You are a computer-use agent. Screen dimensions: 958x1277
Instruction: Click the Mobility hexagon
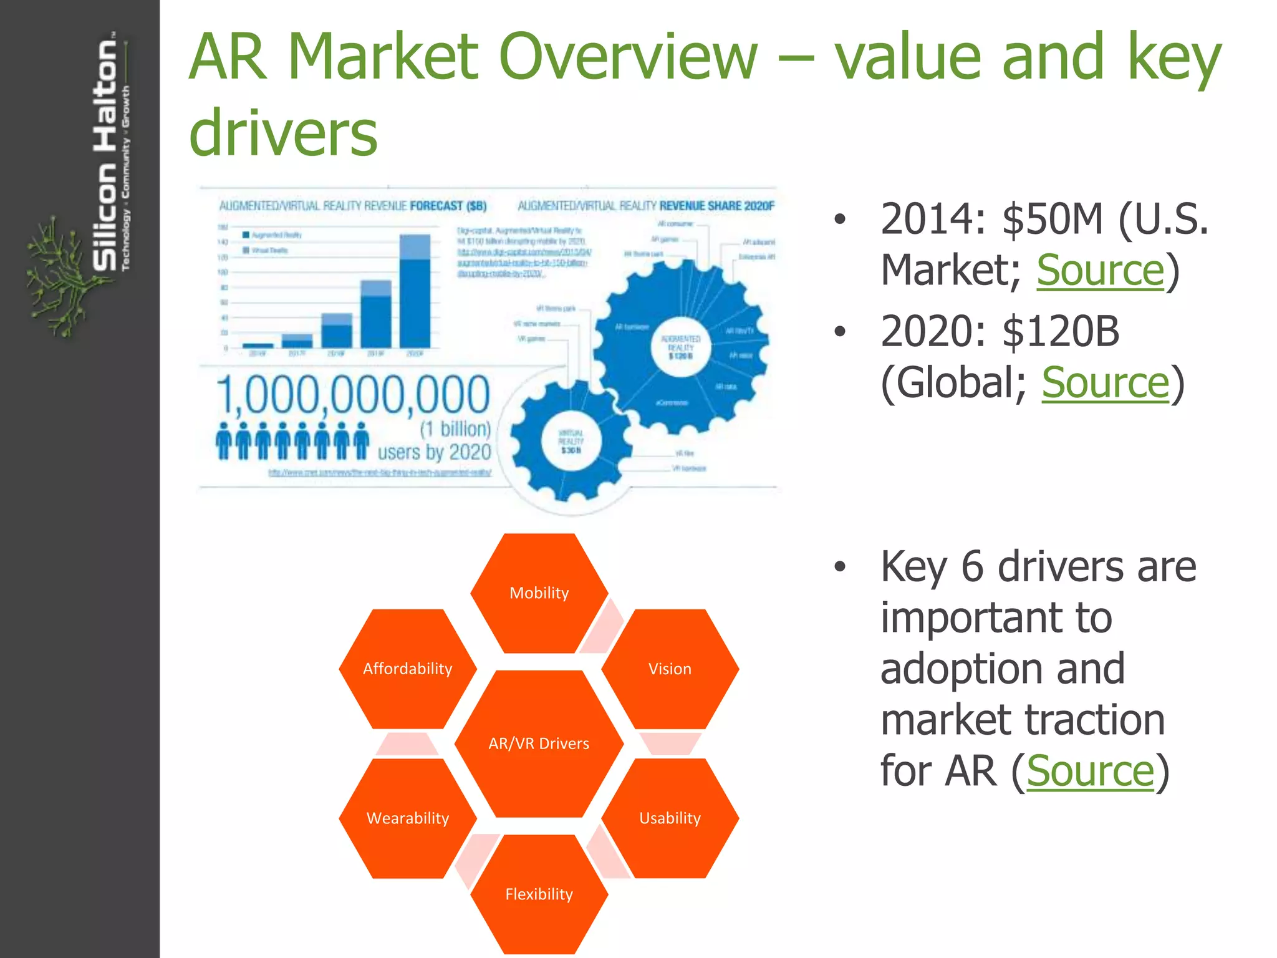539,593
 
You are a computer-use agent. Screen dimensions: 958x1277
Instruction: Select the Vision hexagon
670,669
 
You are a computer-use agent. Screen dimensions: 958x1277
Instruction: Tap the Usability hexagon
670,818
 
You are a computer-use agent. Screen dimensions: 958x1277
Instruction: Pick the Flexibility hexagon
539,894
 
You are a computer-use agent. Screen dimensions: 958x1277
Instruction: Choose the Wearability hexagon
408,818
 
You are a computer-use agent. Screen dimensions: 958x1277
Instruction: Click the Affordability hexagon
408,669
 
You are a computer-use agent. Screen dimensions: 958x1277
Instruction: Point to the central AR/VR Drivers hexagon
539,743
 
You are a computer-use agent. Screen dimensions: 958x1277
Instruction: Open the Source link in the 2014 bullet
1100,271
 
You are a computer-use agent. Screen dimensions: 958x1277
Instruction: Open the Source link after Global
1105,383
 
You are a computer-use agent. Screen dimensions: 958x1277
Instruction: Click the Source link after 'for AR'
1090,772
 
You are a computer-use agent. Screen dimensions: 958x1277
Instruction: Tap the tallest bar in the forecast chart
415,291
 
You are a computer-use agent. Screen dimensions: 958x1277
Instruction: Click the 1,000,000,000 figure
353,395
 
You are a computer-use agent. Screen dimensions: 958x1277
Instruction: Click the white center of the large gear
680,347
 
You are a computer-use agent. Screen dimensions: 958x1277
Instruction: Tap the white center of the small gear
571,441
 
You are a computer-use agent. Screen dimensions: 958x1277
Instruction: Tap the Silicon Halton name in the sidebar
105,156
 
